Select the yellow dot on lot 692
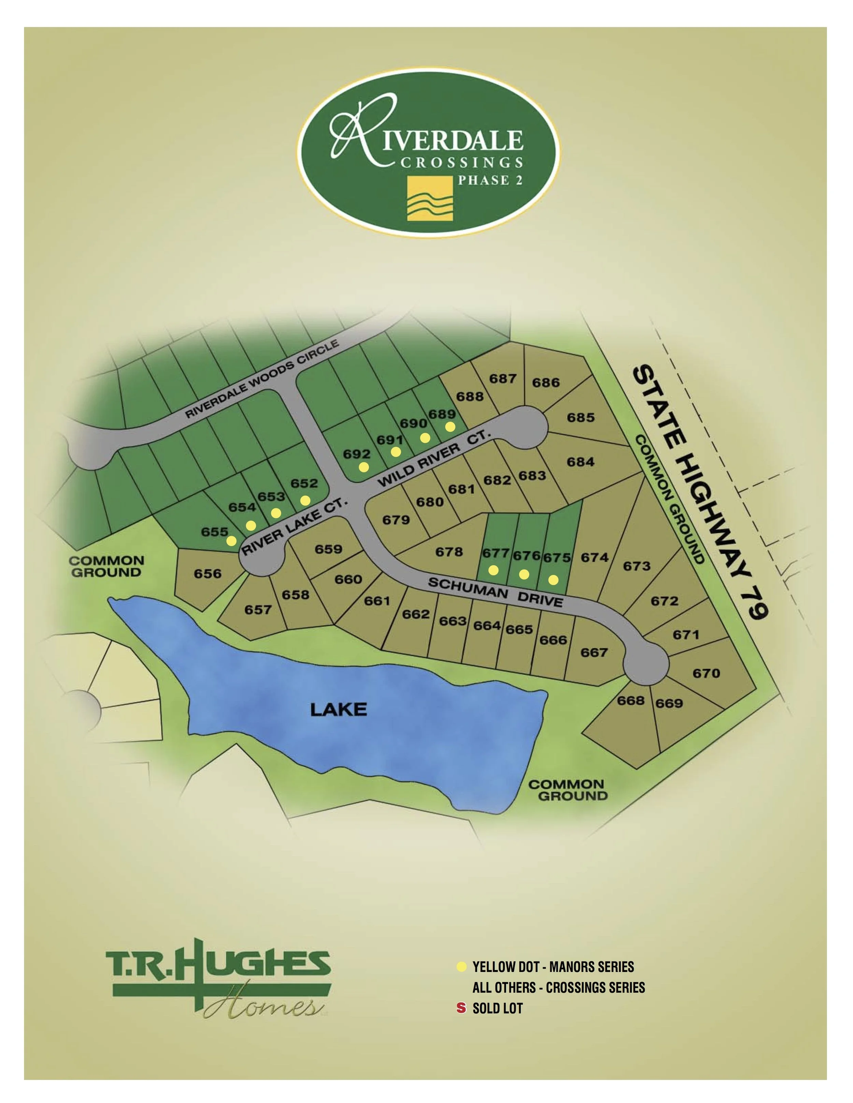click(364, 467)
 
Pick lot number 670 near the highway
click(706, 673)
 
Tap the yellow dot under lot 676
click(524, 574)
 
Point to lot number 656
click(208, 574)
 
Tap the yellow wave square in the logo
click(430, 199)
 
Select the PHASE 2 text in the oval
click(490, 180)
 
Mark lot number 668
click(631, 700)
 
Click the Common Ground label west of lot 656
click(106, 567)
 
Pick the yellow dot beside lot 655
click(231, 541)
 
